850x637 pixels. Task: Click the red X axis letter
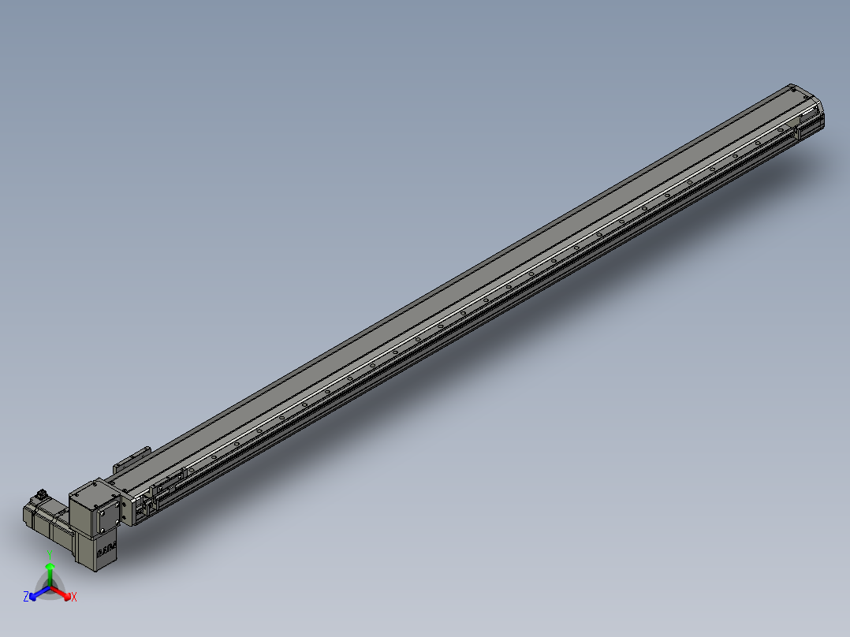[x=74, y=598]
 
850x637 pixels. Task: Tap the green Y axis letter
[x=50, y=554]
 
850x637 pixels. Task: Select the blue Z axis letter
[x=26, y=597]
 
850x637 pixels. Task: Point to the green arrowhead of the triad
[x=50, y=568]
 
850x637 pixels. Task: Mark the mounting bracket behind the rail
[x=132, y=458]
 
